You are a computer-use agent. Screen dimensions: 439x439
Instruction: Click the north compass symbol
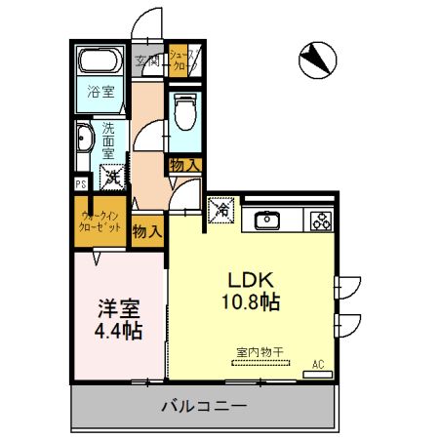[x=316, y=60]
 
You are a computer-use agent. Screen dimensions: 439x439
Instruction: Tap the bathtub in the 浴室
[x=97, y=63]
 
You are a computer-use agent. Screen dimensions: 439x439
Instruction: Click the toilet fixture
[x=183, y=114]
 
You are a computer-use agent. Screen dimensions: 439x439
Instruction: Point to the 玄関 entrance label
[x=148, y=61]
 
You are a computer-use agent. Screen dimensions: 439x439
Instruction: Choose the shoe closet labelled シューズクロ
[x=183, y=60]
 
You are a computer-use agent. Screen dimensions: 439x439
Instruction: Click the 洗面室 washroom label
[x=107, y=140]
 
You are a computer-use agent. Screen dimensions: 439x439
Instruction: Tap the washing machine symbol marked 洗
[x=112, y=178]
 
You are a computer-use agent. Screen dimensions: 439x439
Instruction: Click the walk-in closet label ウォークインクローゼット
[x=100, y=220]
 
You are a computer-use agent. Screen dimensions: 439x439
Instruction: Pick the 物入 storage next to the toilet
[x=184, y=165]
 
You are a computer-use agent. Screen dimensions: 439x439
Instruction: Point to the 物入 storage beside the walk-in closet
[x=146, y=231]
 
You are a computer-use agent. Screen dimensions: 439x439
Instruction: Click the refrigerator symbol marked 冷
[x=221, y=209]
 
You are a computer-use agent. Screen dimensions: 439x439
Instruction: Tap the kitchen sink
[x=267, y=219]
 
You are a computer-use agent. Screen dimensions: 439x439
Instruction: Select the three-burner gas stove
[x=320, y=220]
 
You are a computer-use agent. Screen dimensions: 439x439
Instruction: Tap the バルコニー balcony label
[x=204, y=405]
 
